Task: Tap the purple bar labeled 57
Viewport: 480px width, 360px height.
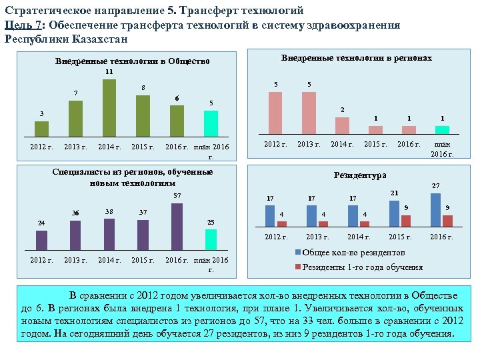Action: point(177,226)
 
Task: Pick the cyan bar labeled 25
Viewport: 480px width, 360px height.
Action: point(211,239)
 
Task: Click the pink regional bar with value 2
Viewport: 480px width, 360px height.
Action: point(342,126)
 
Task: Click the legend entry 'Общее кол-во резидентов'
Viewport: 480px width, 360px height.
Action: point(354,253)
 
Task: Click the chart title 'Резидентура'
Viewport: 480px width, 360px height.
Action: point(360,175)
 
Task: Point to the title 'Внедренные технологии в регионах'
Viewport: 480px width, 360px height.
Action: point(356,58)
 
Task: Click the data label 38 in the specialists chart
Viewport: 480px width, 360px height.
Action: point(109,212)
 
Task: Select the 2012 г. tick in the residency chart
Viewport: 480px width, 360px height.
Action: point(275,237)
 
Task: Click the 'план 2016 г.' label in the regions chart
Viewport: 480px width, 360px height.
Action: point(442,149)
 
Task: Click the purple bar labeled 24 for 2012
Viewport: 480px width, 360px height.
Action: point(41,239)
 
